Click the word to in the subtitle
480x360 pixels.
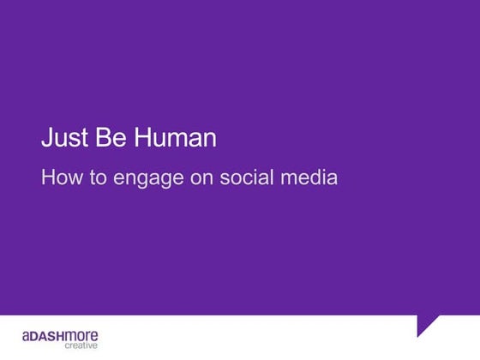coord(95,178)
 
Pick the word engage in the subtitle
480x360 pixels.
coord(141,180)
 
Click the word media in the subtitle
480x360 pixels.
coord(307,178)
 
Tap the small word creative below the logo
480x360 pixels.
coord(81,345)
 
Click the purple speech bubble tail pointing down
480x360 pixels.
coord(427,325)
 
